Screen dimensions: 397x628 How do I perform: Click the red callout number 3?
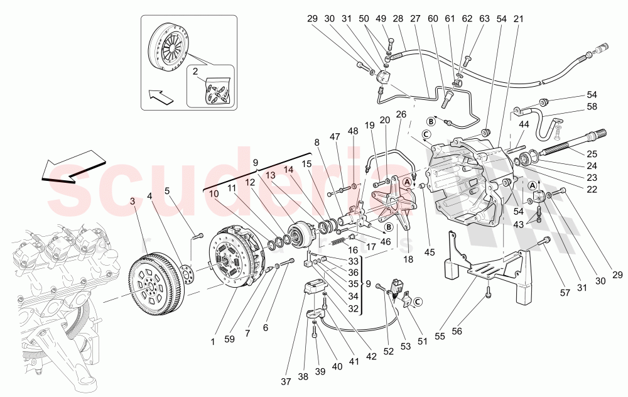[133, 201]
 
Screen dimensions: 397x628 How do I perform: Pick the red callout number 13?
[270, 176]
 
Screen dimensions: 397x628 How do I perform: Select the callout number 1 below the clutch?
[212, 341]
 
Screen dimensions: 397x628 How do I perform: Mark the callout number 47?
[335, 136]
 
